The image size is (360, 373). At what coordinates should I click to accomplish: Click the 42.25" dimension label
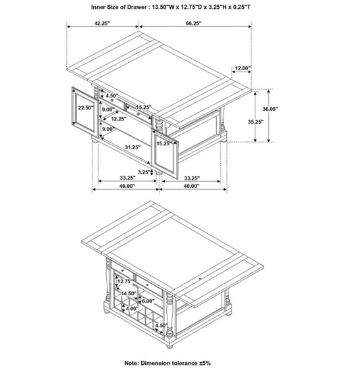click(x=102, y=23)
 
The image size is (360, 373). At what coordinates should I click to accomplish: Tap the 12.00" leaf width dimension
click(x=243, y=68)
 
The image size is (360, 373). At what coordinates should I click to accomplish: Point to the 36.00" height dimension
click(x=270, y=108)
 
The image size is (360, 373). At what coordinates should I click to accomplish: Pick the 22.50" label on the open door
click(x=84, y=107)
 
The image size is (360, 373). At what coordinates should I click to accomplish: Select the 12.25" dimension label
click(x=120, y=119)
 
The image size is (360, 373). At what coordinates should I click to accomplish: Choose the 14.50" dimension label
click(x=130, y=294)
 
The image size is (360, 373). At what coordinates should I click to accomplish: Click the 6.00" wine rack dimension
click(x=148, y=301)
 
